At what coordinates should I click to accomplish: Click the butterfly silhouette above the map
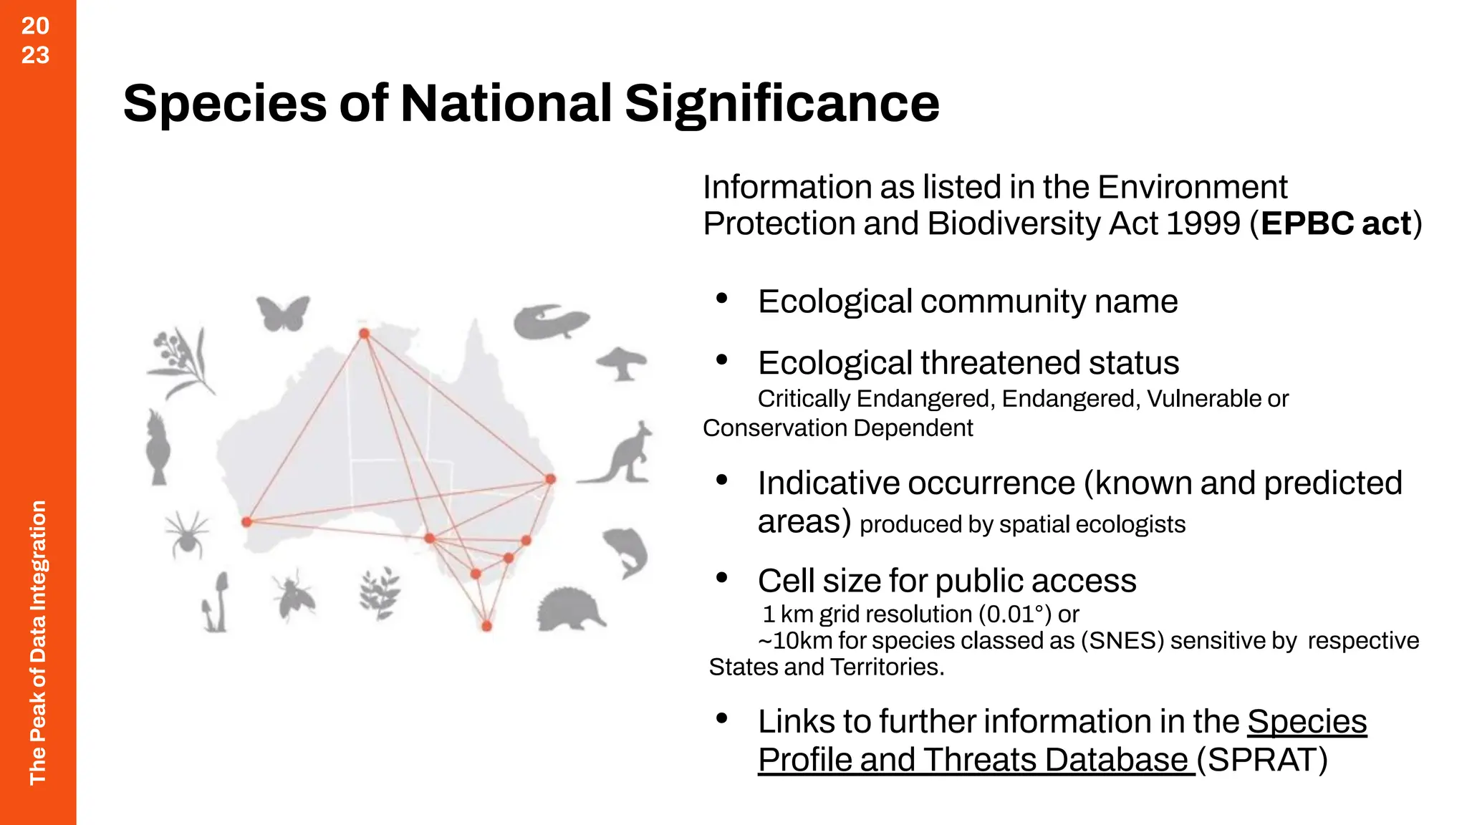pos(283,313)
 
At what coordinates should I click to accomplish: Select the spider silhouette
pos(187,534)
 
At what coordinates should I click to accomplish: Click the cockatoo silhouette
pos(158,448)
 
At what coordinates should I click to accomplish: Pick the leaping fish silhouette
pos(627,551)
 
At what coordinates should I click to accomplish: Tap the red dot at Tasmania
pos(487,626)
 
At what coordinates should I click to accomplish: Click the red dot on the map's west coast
pos(246,522)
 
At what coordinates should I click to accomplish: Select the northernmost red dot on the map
pos(365,334)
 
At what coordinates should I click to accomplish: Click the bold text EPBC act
pos(1336,223)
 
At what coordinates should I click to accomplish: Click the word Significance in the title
pos(781,103)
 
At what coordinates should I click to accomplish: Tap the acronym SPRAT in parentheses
pos(1262,760)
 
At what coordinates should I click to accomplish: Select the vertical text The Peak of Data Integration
pos(37,642)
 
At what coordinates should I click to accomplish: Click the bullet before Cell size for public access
pos(722,576)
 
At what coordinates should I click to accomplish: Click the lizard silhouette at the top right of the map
pos(550,322)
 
